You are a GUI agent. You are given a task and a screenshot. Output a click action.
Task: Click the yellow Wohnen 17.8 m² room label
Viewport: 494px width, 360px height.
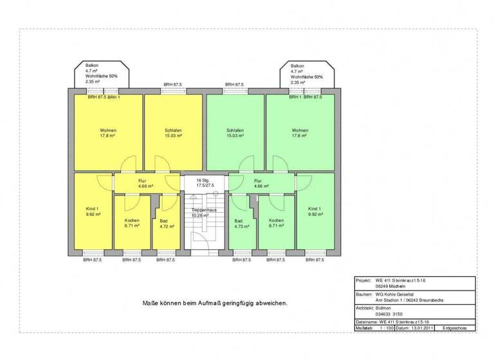click(107, 133)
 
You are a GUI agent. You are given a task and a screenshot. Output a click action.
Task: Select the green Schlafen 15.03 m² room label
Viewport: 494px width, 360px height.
click(234, 133)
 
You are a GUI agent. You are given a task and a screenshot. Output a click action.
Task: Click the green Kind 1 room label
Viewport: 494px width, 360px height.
click(315, 212)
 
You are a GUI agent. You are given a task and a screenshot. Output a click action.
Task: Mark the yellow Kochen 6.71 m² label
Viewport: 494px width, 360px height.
click(132, 224)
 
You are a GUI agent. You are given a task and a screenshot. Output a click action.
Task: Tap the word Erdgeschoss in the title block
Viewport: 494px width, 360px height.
click(454, 328)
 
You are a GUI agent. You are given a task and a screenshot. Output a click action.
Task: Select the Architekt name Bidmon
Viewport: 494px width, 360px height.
click(384, 308)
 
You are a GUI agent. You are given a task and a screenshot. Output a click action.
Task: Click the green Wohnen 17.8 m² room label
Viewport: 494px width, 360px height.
click(300, 133)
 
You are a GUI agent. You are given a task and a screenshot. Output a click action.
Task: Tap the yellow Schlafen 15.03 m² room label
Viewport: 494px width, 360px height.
click(172, 133)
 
